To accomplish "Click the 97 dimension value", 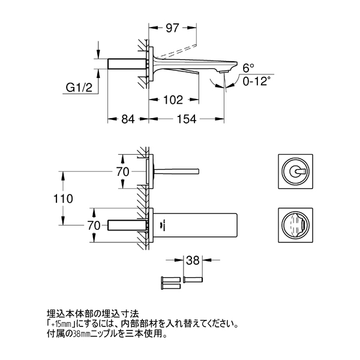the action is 172,28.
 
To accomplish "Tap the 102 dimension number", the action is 173,100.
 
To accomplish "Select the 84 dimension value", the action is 128,119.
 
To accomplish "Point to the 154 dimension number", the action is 187,119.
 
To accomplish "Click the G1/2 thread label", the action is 79,88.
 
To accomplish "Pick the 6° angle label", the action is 248,68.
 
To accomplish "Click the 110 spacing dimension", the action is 63,199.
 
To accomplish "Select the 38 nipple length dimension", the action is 193,260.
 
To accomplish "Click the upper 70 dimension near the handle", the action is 122,172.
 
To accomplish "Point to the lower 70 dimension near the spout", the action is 94,226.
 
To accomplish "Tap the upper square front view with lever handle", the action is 295,172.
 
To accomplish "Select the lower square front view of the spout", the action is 295,225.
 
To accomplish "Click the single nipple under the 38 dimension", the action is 193,280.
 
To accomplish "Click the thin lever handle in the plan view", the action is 176,172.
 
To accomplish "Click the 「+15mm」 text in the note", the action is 61,325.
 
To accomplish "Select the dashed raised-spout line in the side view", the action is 177,51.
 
